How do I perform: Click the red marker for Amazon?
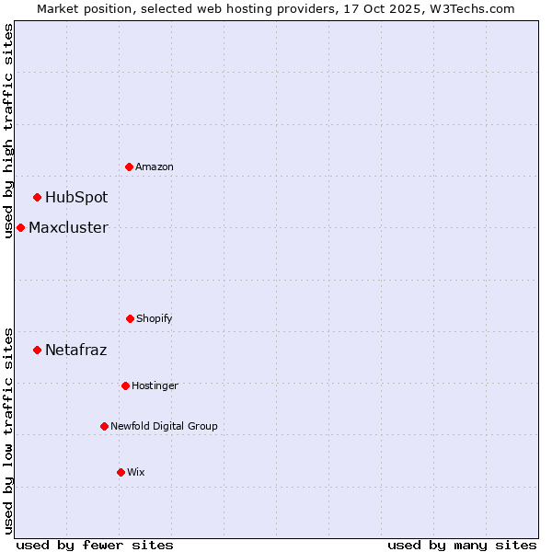coord(129,167)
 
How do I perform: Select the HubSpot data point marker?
coord(38,197)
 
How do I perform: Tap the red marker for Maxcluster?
coord(20,227)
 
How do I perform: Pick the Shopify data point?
coord(130,318)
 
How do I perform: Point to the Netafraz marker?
coord(38,350)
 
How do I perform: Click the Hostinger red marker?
coord(125,385)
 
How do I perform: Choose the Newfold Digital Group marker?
coord(104,426)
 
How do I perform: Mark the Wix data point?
coord(121,472)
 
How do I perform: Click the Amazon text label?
coord(155,167)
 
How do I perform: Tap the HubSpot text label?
coord(76,197)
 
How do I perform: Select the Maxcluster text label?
coord(68,227)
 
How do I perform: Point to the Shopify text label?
coord(155,318)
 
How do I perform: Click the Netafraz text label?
coord(75,350)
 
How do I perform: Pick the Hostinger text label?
coord(155,385)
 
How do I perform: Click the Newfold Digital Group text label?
coord(164,426)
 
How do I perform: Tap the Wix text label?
coord(136,472)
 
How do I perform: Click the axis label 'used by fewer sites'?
coord(95,545)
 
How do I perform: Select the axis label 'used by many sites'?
coord(462,545)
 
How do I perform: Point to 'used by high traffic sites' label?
coord(8,131)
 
